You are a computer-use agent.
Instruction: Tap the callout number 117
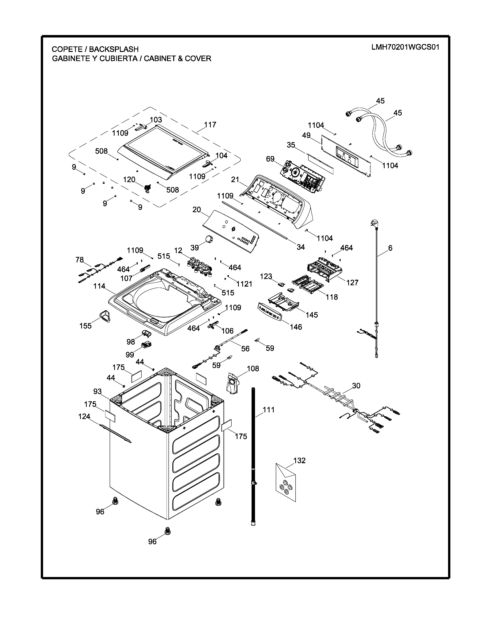click(x=210, y=125)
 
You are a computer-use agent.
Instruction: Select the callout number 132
click(x=299, y=460)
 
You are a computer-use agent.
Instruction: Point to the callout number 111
click(x=269, y=410)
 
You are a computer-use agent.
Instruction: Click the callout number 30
click(x=356, y=386)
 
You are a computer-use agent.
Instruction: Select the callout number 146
click(x=296, y=327)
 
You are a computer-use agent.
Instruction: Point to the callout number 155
click(x=86, y=326)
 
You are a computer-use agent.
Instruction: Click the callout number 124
click(x=84, y=416)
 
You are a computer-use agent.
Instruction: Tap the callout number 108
click(x=253, y=368)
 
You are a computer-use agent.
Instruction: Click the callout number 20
click(x=197, y=210)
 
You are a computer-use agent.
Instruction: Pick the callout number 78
click(x=80, y=260)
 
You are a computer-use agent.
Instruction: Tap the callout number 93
click(x=97, y=391)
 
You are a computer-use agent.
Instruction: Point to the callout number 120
click(x=129, y=179)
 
